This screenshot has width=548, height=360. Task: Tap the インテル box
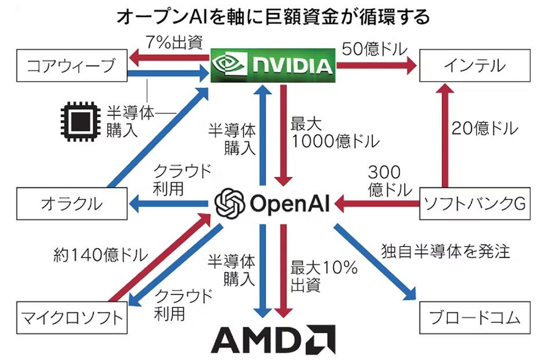coord(474,67)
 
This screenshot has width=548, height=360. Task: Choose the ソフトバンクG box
coord(474,203)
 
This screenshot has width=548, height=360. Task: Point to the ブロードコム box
coord(474,317)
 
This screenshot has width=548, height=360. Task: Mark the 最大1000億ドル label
coord(327,133)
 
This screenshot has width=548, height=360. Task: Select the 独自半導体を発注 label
coord(445,251)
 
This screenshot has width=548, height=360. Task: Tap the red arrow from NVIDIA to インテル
coord(377,66)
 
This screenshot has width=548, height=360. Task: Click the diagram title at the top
coord(273,17)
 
